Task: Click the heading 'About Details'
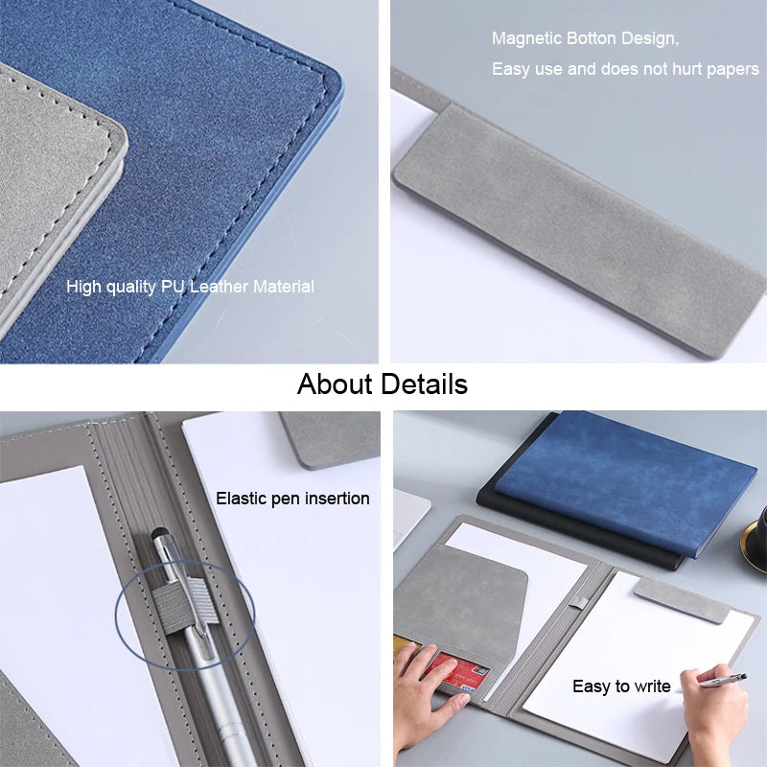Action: coord(383,384)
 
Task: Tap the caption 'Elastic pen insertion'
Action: coord(292,499)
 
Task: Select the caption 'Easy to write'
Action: coord(621,686)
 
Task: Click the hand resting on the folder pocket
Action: coord(414,686)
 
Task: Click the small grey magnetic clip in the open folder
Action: coord(681,599)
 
